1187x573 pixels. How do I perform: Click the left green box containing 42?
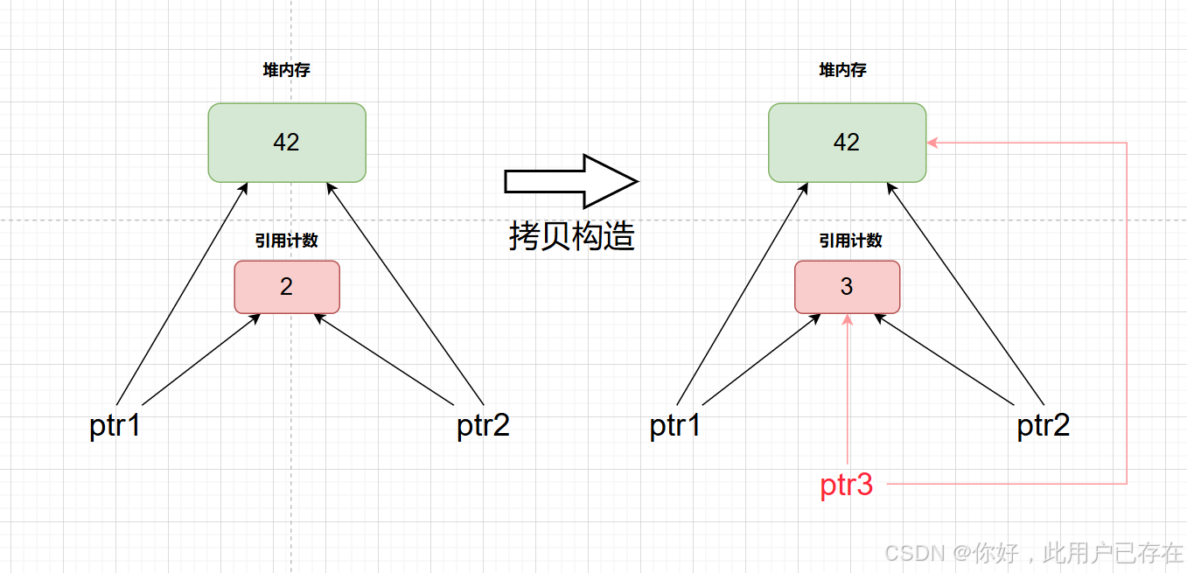click(287, 143)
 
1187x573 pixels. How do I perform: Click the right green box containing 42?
click(847, 143)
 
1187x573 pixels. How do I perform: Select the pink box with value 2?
click(287, 286)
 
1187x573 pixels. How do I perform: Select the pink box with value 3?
click(847, 286)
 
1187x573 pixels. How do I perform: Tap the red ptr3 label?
click(847, 485)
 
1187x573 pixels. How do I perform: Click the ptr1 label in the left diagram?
click(115, 426)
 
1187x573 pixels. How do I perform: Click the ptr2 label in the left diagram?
click(483, 426)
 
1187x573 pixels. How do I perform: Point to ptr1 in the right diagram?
click(675, 426)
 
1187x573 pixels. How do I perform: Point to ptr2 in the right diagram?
click(1043, 426)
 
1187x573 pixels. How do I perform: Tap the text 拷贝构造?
click(571, 236)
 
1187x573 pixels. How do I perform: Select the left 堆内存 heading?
click(287, 71)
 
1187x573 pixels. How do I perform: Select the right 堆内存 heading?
click(843, 71)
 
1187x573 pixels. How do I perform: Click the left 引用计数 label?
click(287, 241)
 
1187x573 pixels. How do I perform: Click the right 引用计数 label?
click(850, 241)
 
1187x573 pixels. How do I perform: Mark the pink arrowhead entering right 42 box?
click(932, 143)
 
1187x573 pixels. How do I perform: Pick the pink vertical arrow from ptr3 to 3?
click(847, 394)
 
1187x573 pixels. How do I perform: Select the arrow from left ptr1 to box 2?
click(199, 360)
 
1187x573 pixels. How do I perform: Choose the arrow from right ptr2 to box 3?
click(945, 360)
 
